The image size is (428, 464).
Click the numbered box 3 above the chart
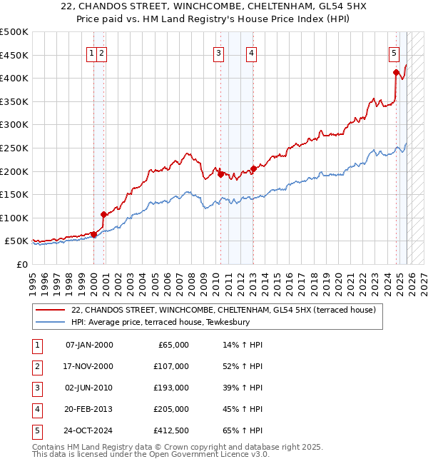click(218, 52)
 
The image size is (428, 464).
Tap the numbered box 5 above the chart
click(394, 52)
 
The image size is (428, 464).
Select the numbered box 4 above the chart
click(252, 52)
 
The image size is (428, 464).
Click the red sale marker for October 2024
click(396, 72)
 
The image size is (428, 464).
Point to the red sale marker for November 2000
click(103, 214)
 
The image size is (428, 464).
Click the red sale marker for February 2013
click(253, 169)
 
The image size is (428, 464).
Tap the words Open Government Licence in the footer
click(205, 454)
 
